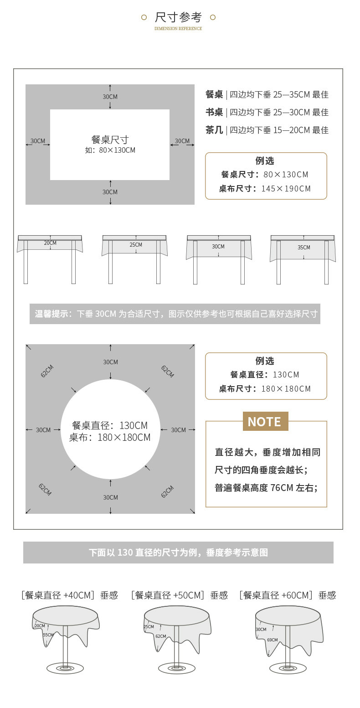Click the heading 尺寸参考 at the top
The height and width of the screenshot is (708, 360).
tap(178, 18)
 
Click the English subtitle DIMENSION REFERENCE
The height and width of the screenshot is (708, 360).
tap(178, 29)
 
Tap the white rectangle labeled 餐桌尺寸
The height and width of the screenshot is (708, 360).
tap(110, 145)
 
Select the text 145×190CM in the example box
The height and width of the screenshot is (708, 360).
tap(286, 189)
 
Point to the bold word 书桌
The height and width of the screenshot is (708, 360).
tap(214, 112)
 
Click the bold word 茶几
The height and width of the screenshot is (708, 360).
tap(214, 130)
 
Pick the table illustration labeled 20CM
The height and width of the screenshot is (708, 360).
tap(50, 258)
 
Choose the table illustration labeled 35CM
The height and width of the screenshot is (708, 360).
tap(303, 258)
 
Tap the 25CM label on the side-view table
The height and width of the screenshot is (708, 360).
tap(136, 245)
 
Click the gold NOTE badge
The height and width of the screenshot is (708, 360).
tap(265, 421)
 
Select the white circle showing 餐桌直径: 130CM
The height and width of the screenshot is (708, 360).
tap(110, 429)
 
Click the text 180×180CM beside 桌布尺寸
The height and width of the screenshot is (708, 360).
tap(286, 389)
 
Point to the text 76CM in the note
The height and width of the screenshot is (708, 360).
tap(282, 488)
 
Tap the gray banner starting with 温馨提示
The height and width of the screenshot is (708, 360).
tap(175, 314)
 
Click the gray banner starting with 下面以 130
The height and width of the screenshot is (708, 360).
tap(178, 553)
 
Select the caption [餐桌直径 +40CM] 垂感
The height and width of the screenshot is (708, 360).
tap(69, 595)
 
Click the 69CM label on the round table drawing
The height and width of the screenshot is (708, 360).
tap(273, 640)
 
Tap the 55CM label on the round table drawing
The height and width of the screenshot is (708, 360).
tap(48, 635)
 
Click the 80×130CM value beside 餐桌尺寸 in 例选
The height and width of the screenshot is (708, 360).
tap(286, 174)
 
